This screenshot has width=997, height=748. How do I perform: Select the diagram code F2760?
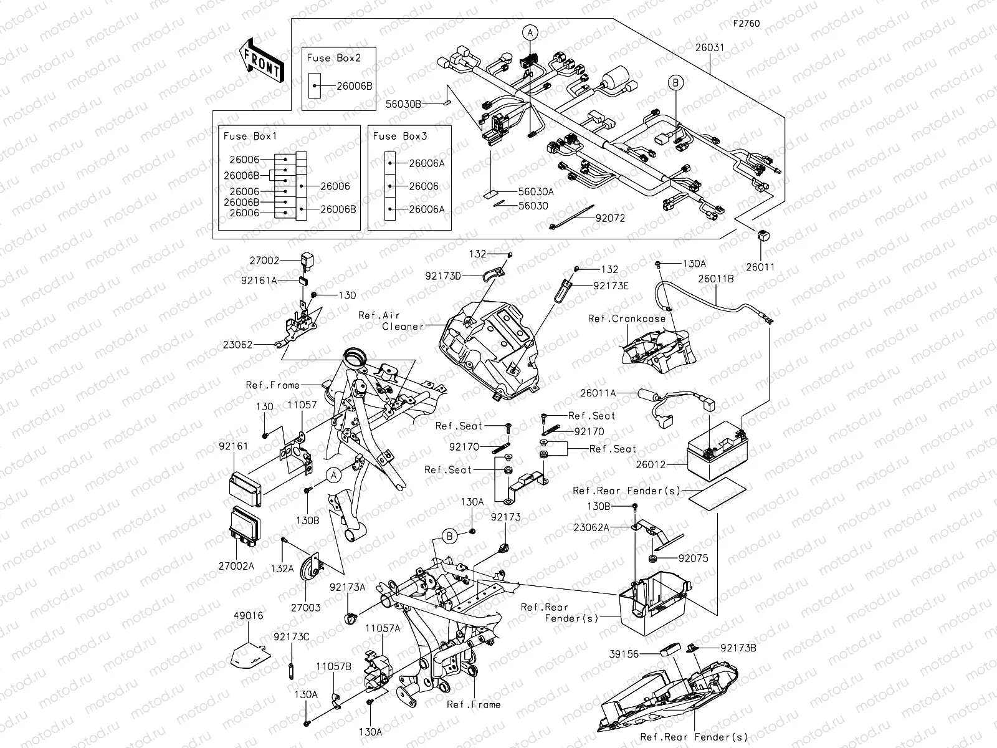coord(746,24)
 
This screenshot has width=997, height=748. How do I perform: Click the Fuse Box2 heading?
coord(333,57)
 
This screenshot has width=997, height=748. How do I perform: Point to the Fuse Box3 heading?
coord(399,135)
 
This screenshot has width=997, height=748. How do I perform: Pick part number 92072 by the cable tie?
coord(610,218)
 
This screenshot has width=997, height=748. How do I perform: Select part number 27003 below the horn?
coord(306,607)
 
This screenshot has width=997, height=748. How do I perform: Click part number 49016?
coord(249,615)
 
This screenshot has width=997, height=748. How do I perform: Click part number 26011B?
coord(715,279)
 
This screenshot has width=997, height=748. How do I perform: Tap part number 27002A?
coord(236,566)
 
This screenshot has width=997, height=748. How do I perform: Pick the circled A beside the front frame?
coord(334,475)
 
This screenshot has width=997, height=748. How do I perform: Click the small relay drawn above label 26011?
coord(761,236)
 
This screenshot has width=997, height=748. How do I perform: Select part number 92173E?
coord(611,286)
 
